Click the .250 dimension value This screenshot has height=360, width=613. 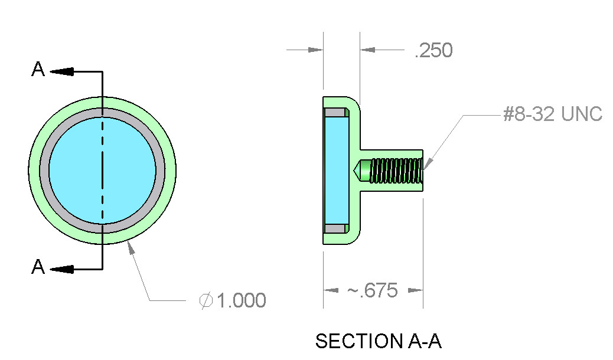point(433,50)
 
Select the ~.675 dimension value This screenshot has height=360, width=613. point(372,290)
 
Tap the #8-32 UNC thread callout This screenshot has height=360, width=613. point(553,114)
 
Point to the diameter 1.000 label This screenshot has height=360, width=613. point(233,300)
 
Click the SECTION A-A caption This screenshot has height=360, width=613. point(379,341)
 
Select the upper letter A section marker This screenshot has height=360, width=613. point(38,69)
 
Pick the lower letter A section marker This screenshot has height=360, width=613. point(38,267)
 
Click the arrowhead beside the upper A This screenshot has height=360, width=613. point(62,71)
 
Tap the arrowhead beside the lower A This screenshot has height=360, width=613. point(62,269)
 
